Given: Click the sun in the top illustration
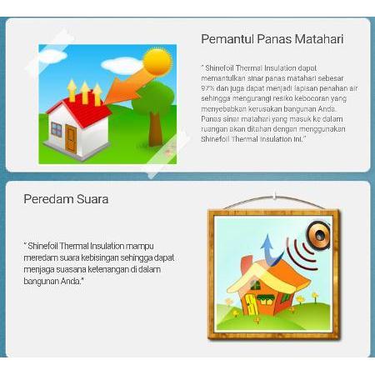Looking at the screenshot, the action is (x=157, y=62).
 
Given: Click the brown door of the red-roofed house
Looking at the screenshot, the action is (x=71, y=138).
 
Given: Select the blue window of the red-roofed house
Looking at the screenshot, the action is (x=57, y=129).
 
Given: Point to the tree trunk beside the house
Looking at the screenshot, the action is (x=155, y=128).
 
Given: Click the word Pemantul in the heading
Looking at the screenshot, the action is (x=227, y=39).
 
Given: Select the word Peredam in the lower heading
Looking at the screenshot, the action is (x=48, y=199).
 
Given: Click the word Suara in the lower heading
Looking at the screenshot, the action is (x=92, y=199).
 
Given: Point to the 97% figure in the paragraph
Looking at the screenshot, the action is (x=207, y=88).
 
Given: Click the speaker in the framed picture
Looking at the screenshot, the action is (x=319, y=235).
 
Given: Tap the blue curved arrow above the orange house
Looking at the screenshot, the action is (x=270, y=250).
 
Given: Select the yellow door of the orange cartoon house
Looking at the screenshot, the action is (x=252, y=305).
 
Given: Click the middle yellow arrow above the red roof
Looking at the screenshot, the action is (x=85, y=92).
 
